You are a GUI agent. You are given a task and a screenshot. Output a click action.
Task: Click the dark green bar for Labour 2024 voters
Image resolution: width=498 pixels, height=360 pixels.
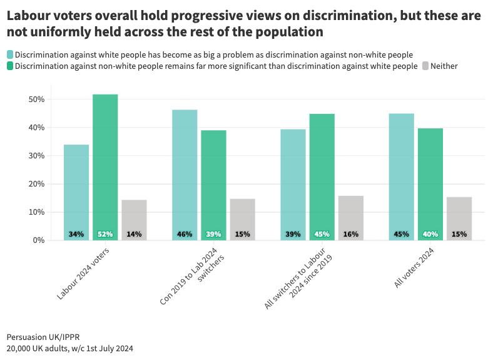tap(105, 163)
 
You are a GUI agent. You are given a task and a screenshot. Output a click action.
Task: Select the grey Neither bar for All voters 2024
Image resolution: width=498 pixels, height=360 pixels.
tap(459, 216)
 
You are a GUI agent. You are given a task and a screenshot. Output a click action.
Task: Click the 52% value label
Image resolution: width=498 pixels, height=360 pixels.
tap(105, 234)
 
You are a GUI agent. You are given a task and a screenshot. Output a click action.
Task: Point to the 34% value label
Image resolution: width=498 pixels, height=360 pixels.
tap(76, 234)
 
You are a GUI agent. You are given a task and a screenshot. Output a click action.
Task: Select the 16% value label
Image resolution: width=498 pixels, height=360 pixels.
tap(350, 234)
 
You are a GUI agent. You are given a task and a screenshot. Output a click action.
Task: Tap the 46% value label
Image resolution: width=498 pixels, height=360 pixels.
tap(185, 234)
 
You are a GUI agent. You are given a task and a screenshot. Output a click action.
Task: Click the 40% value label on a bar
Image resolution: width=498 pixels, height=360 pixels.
tap(430, 234)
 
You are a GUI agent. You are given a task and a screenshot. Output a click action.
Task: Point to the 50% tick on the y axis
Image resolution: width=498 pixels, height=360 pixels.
tap(36, 100)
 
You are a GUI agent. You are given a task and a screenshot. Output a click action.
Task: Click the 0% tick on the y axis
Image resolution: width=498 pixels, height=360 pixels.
tap(39, 240)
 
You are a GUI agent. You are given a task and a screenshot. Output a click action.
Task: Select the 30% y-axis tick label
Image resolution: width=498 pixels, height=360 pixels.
tap(36, 156)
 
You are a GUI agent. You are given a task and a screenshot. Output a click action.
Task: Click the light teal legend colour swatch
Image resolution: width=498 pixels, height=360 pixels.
tap(9, 55)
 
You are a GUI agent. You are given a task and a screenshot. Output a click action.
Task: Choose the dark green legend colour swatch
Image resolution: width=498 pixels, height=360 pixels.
tap(9, 66)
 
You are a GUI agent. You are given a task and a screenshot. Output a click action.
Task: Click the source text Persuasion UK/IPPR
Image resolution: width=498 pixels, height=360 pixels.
tap(43, 337)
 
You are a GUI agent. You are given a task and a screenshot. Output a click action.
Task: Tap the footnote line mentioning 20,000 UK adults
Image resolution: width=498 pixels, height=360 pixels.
tap(69, 348)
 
